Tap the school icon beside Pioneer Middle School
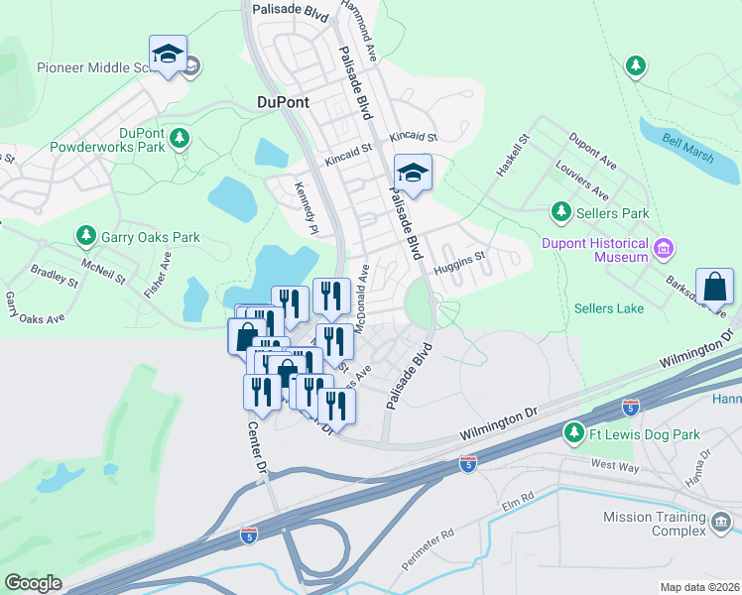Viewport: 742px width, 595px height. tap(169, 56)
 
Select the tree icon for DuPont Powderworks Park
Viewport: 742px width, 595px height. tap(180, 137)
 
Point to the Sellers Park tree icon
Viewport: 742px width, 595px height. tap(561, 212)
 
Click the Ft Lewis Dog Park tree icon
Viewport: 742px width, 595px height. tap(573, 433)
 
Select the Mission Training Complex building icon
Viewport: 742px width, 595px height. tap(721, 520)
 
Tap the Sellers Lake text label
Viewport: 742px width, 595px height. tap(608, 308)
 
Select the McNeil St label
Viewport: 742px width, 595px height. tap(103, 275)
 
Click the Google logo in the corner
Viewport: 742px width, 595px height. tap(33, 583)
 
